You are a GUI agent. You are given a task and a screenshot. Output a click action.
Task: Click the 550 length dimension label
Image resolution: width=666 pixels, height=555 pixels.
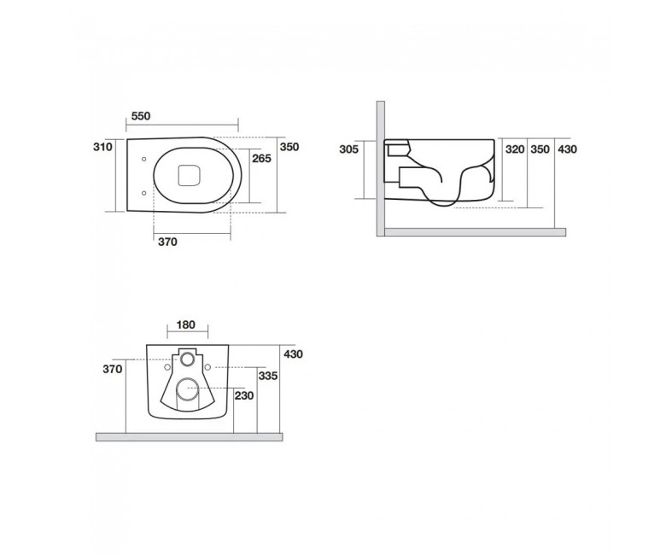point(141,116)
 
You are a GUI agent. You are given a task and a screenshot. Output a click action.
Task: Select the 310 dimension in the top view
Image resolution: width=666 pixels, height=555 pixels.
point(102,147)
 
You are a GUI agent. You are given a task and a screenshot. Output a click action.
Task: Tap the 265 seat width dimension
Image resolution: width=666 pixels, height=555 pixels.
point(261,159)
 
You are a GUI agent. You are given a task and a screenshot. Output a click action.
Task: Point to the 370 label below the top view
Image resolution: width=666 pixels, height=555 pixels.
point(167,242)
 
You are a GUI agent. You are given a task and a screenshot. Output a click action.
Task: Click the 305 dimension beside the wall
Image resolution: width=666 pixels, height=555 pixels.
point(348,149)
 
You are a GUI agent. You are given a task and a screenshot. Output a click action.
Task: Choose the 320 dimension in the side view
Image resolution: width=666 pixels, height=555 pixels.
point(515,149)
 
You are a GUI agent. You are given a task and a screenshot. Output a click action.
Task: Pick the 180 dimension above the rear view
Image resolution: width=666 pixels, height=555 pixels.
point(185,324)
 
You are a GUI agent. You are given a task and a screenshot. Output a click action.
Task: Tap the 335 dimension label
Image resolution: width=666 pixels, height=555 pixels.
point(268,376)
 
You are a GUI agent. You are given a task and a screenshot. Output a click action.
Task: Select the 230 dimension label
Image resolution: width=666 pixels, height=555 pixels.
point(244,396)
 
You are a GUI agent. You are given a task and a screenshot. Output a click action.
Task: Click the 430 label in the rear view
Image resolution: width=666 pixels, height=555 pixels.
point(294,353)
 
